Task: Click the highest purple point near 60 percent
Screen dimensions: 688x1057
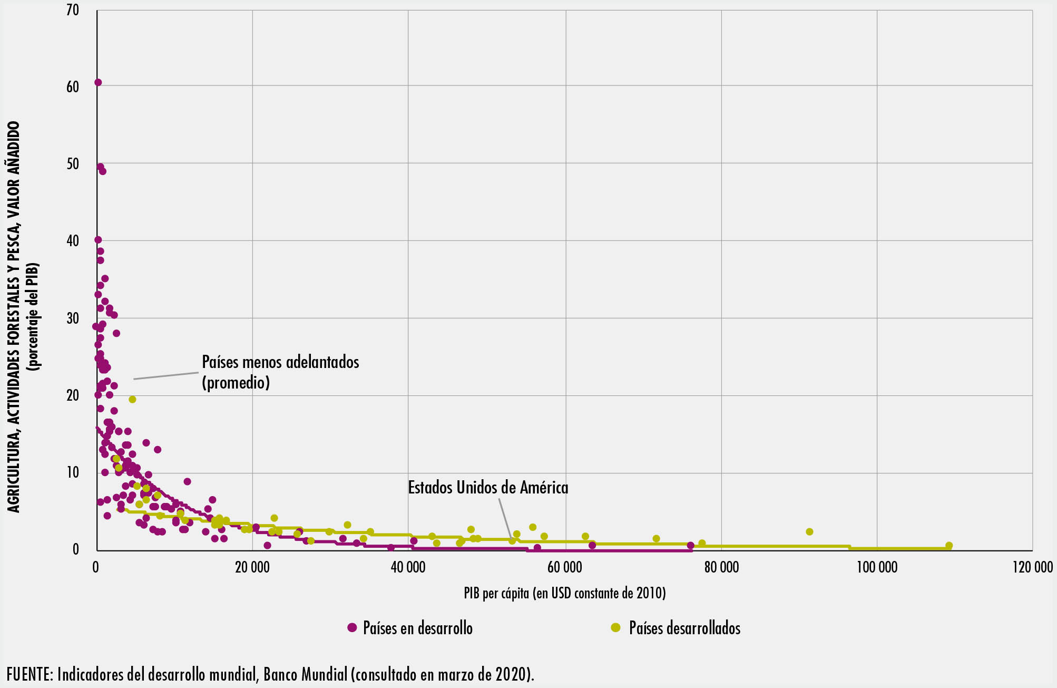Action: click(x=98, y=82)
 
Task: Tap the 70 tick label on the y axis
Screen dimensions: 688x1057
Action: click(x=73, y=10)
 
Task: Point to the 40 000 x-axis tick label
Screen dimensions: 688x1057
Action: click(x=408, y=568)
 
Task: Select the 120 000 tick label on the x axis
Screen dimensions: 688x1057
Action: click(x=1032, y=568)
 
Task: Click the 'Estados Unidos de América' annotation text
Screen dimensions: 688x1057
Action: click(x=488, y=488)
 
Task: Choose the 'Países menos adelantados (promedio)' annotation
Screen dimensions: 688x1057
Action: click(x=280, y=372)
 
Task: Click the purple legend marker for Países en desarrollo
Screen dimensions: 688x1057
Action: click(x=352, y=627)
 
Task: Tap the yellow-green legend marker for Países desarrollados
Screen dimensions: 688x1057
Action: click(x=615, y=627)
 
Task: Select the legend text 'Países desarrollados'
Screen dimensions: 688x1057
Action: click(x=684, y=628)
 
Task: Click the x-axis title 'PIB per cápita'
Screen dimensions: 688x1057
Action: click(x=564, y=594)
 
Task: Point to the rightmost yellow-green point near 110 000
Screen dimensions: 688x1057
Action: click(x=948, y=546)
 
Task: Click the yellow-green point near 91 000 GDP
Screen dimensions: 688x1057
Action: click(x=809, y=532)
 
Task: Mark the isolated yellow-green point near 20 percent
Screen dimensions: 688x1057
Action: click(x=132, y=400)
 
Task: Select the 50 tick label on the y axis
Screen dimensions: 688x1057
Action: click(x=73, y=164)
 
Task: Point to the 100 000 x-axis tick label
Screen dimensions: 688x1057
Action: click(x=877, y=568)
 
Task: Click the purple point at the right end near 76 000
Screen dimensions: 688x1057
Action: click(x=690, y=546)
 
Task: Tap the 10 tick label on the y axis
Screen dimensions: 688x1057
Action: click(x=73, y=473)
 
